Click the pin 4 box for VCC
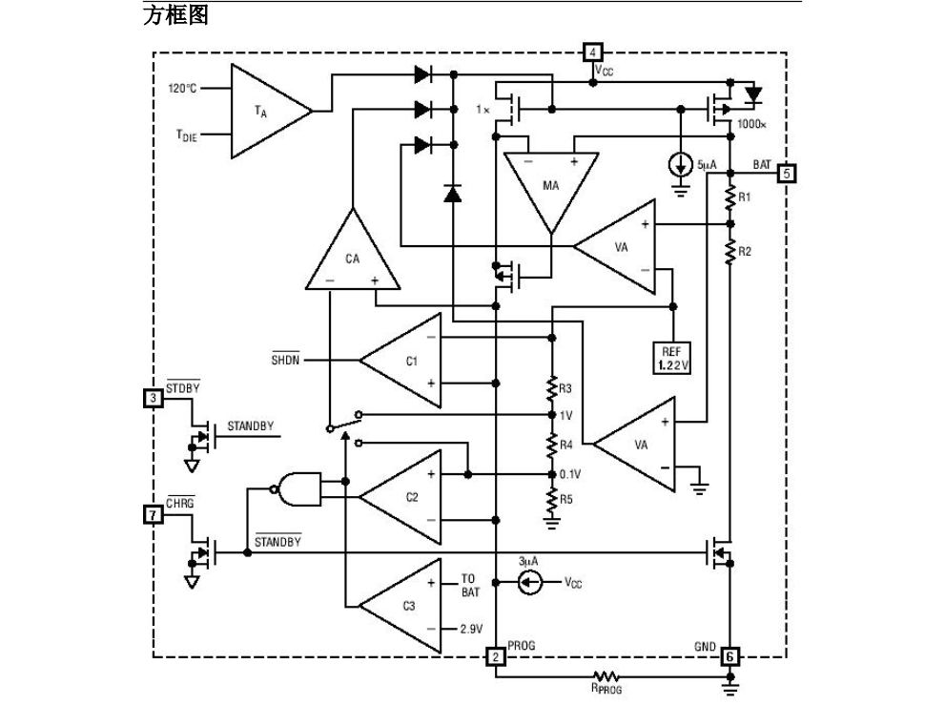[x=592, y=52]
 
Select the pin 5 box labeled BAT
[x=787, y=174]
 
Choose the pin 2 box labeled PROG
[x=496, y=656]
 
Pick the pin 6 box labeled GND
[x=729, y=656]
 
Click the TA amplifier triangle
[x=265, y=112]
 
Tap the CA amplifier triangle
[x=352, y=253]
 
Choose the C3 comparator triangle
[x=405, y=606]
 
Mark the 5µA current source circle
[x=681, y=164]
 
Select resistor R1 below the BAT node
[x=729, y=197]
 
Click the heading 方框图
[x=175, y=16]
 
